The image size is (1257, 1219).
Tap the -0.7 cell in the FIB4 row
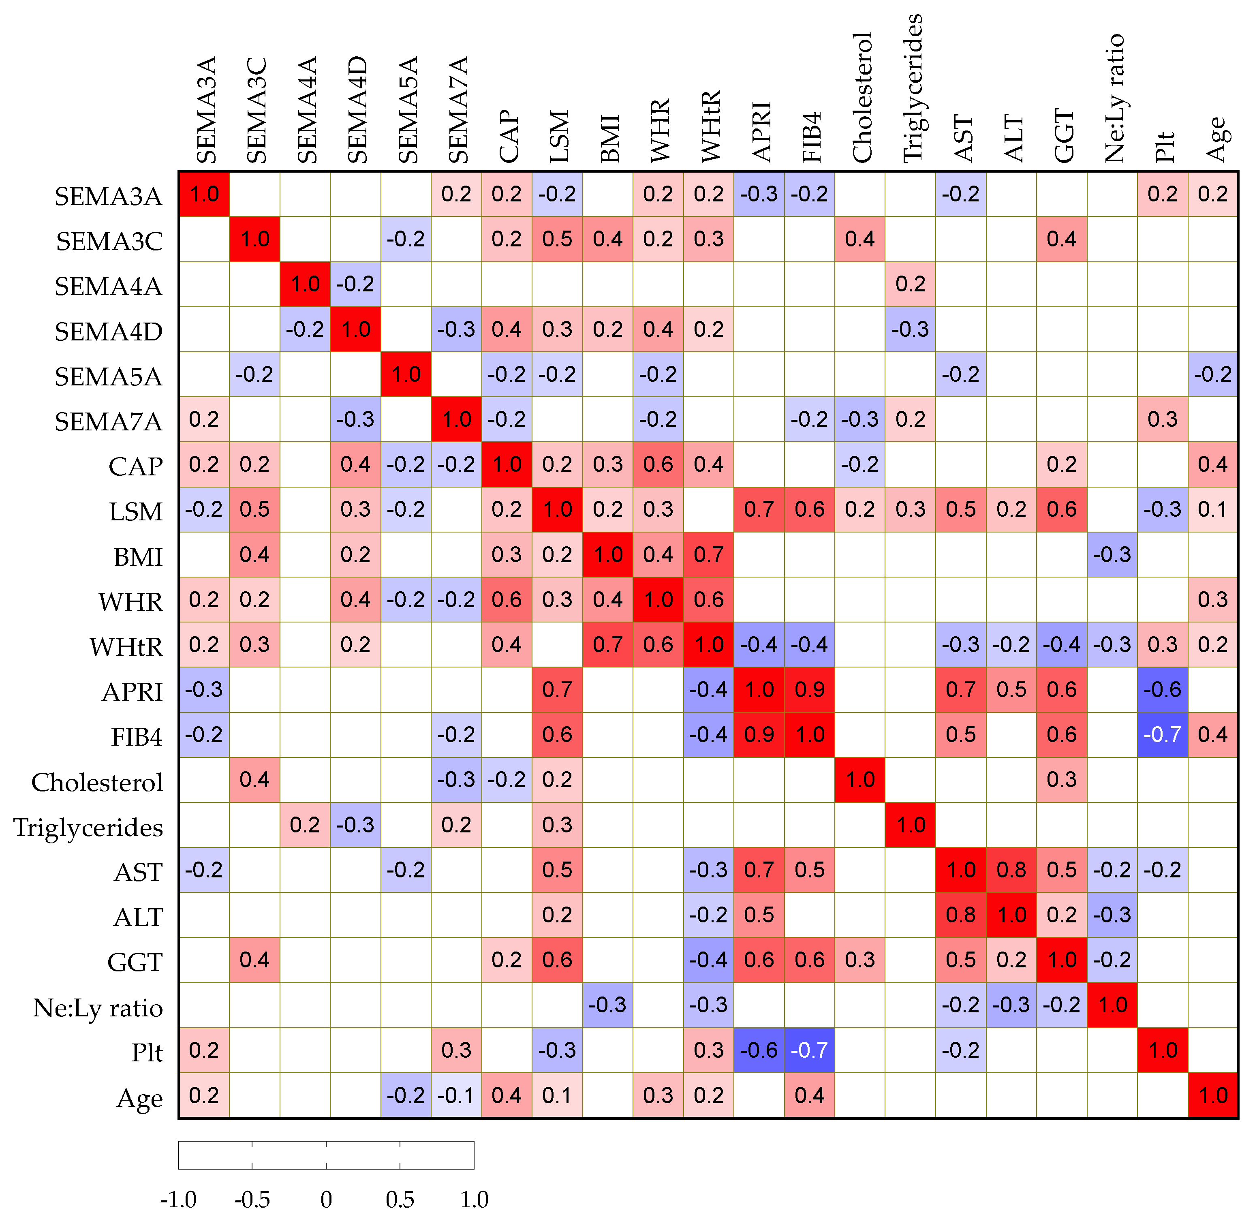[x=1162, y=734]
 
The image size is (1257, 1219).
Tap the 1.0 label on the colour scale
[x=474, y=1199]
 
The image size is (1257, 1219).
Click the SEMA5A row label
[x=108, y=376]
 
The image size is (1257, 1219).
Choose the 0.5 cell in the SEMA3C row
[x=557, y=239]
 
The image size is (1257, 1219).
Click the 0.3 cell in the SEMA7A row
[x=1162, y=419]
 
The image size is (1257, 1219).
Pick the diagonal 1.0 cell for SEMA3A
[x=204, y=194]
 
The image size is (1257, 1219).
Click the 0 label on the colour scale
[x=326, y=1199]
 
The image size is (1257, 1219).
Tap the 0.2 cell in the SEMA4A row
[x=910, y=284]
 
